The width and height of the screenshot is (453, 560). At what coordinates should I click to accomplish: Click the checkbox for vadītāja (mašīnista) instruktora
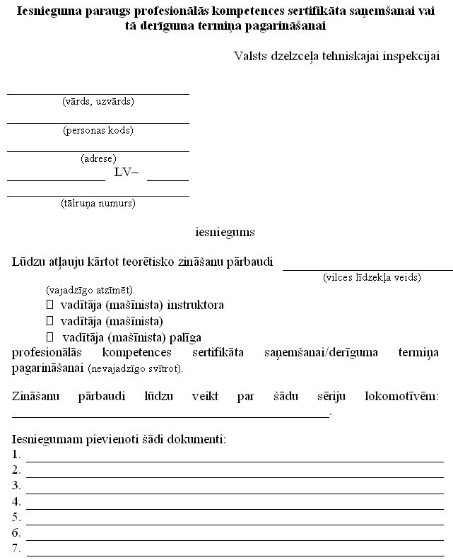[50, 305]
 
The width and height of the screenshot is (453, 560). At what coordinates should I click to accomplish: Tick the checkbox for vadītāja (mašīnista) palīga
[50, 337]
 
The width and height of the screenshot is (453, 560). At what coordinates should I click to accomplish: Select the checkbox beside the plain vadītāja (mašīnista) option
[50, 321]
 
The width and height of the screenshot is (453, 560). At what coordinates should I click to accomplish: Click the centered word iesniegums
[225, 231]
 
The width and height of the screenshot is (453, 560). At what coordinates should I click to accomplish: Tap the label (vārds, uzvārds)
[98, 101]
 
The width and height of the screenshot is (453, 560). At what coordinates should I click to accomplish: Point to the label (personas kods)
[98, 130]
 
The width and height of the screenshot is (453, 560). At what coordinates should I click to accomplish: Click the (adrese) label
[98, 158]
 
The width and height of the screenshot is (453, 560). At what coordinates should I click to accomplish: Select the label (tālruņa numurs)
[98, 204]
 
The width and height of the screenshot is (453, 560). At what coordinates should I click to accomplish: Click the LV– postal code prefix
[127, 173]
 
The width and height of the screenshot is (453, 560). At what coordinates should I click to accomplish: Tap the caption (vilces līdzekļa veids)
[372, 276]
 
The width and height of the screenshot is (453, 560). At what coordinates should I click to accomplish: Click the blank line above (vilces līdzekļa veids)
[367, 269]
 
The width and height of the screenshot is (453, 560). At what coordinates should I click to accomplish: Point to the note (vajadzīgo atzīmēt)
[89, 290]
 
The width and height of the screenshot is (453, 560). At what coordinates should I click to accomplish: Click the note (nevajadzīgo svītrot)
[136, 368]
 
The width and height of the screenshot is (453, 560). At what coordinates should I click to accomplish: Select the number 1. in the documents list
[16, 454]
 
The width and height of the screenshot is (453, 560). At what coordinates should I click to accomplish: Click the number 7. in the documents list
[16, 549]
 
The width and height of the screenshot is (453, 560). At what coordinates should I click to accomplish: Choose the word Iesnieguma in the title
[46, 11]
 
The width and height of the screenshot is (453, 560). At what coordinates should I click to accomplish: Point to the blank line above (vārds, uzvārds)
[98, 93]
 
